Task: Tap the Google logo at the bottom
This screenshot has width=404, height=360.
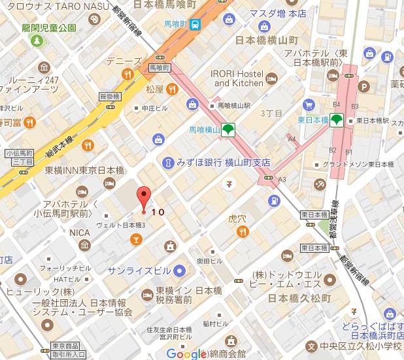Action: [x=186, y=353]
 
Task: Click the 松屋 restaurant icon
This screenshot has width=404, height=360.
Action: [x=172, y=89]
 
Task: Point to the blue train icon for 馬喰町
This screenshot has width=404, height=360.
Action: [x=195, y=25]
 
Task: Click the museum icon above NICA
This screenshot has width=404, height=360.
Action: [x=84, y=245]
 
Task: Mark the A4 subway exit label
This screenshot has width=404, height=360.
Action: [x=292, y=139]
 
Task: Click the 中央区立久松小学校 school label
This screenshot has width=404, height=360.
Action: [x=360, y=346]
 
